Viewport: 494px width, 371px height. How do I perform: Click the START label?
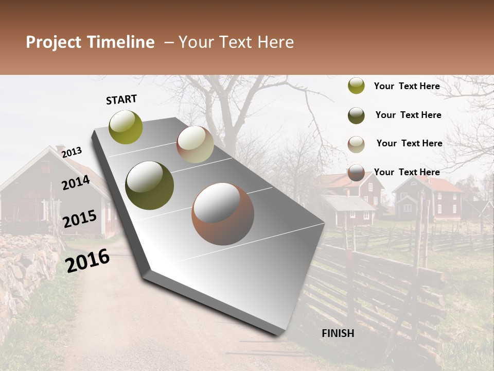coord(121,99)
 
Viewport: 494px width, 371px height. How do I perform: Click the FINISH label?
coord(338,333)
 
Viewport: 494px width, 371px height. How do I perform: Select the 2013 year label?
coord(72,152)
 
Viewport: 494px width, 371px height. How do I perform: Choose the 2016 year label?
coord(87,261)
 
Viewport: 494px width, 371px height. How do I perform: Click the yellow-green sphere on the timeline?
coord(126,127)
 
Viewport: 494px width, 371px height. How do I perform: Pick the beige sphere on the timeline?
coord(195,144)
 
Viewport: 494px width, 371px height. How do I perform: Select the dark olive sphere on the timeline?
coord(150,185)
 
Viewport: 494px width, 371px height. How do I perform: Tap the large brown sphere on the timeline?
coord(223,214)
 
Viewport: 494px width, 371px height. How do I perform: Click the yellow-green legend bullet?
coord(356,86)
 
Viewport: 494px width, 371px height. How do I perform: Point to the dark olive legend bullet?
coord(356,115)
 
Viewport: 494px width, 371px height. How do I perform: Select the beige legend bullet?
coord(356,144)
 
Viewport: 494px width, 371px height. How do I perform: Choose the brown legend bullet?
coord(356,173)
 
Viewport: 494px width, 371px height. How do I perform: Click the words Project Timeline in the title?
coord(90,42)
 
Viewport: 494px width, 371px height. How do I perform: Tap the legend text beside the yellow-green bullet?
coord(407,86)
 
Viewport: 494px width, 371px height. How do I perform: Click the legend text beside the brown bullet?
coord(407,172)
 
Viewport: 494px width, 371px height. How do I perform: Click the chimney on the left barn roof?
coord(60,149)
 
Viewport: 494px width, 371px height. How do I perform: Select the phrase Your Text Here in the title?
coord(236,42)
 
